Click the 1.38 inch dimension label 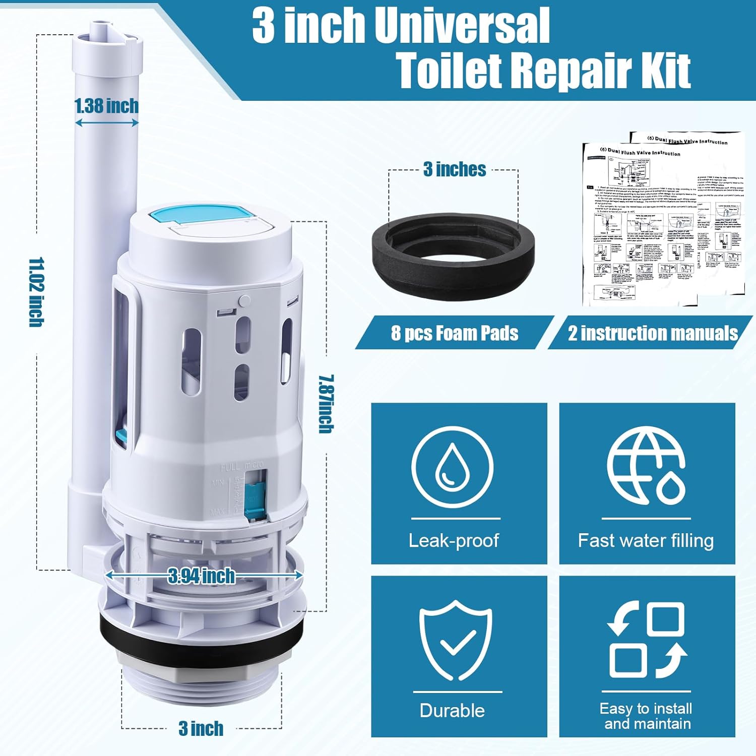point(106,106)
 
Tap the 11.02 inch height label point(36,292)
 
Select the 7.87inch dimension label point(326,404)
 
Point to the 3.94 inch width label point(202,576)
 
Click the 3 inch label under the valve point(201,729)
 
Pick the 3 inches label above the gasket point(455,169)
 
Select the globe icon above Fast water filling point(646,466)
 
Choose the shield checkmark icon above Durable point(456,640)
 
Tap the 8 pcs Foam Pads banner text point(455,333)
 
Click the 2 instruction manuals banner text point(653,333)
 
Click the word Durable point(452,711)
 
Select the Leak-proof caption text point(453,541)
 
